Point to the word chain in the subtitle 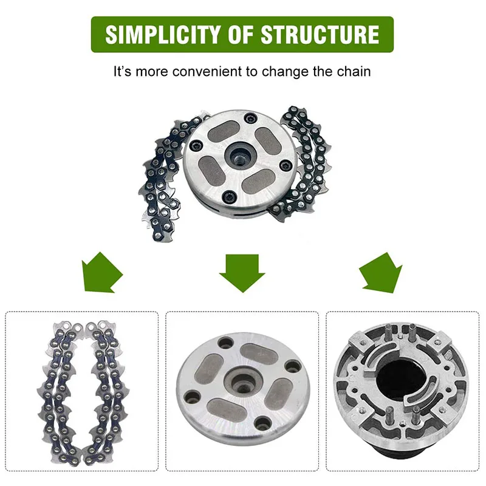pyautogui.click(x=355, y=71)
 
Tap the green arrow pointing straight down pyautogui.click(x=242, y=270)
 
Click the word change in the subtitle pyautogui.click(x=282, y=71)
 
